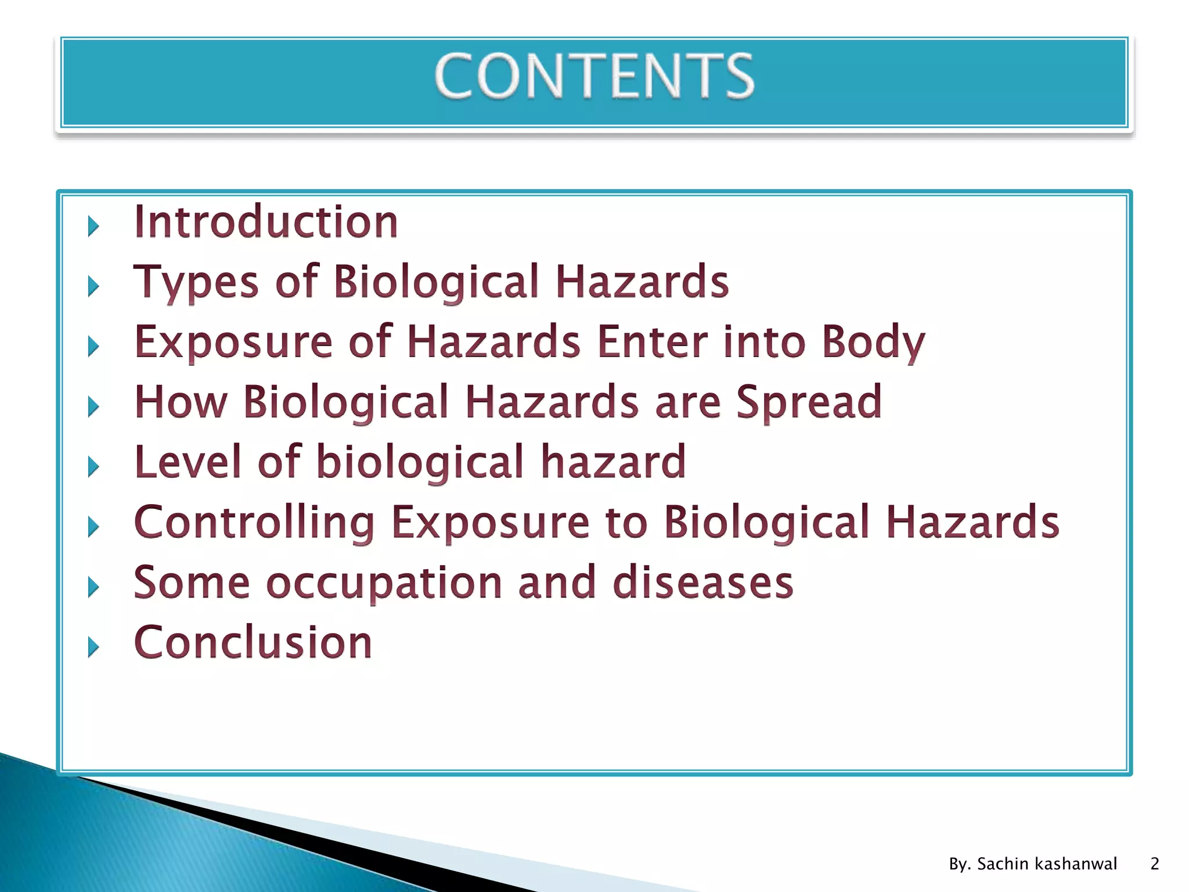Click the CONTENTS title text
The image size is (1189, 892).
[594, 76]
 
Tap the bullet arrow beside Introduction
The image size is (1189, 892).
[93, 226]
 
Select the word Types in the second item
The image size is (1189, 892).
[196, 282]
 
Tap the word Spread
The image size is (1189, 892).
[809, 402]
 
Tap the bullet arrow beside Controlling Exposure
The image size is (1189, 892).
[93, 527]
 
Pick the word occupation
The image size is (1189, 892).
[384, 582]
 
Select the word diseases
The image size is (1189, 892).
[703, 582]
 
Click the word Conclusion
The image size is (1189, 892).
[253, 642]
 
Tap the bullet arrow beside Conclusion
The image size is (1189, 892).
[93, 647]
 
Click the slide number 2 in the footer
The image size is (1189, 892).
[1154, 864]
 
